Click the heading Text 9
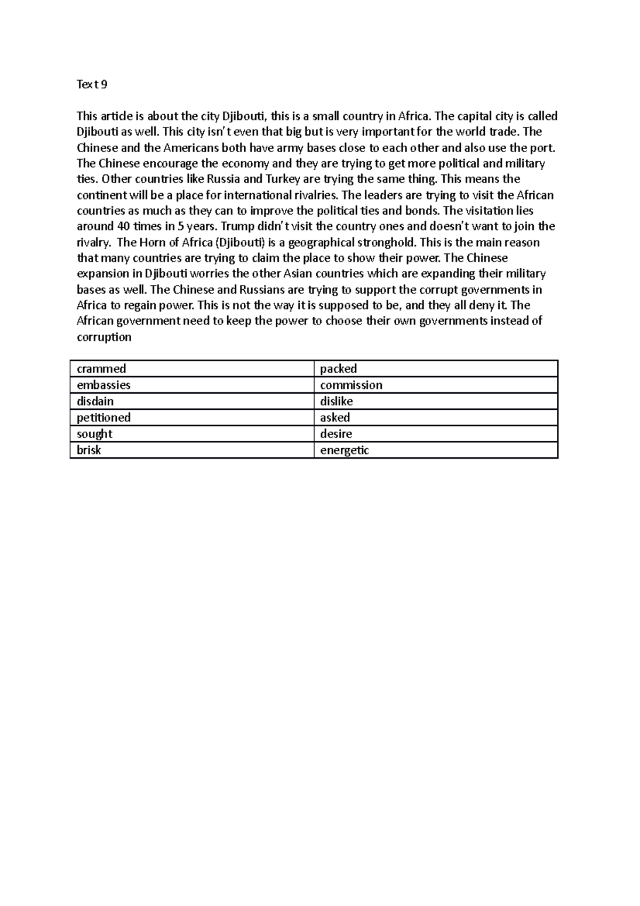coord(92,84)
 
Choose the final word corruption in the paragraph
coord(104,337)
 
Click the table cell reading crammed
coord(101,369)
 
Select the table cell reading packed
coord(338,369)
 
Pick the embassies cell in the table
coord(103,385)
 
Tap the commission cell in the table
coord(351,385)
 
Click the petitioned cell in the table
coord(103,417)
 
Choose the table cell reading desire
coord(336,434)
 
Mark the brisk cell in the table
coord(89,450)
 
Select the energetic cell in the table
coord(345,450)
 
